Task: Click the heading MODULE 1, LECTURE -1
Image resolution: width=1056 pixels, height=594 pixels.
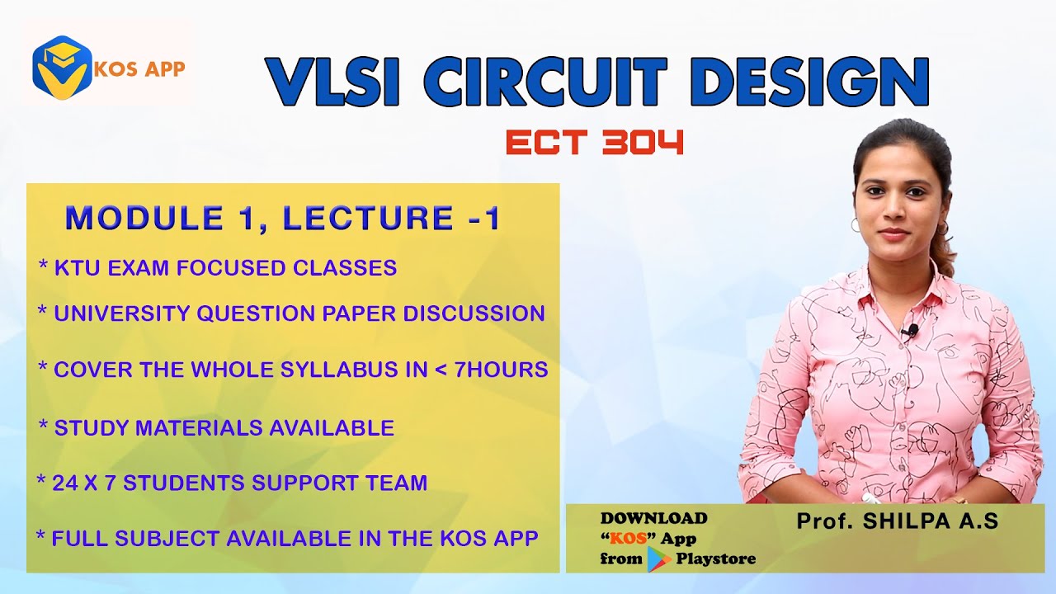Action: coord(283,219)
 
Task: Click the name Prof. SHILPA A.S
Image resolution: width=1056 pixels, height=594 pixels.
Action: coord(898,521)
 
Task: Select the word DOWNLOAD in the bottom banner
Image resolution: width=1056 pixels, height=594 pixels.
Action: coord(653,519)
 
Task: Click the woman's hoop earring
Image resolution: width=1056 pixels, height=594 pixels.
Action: coord(856,225)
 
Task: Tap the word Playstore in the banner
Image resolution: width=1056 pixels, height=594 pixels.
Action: coord(715,559)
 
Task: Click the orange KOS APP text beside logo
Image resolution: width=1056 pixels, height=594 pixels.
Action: coord(139,68)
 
